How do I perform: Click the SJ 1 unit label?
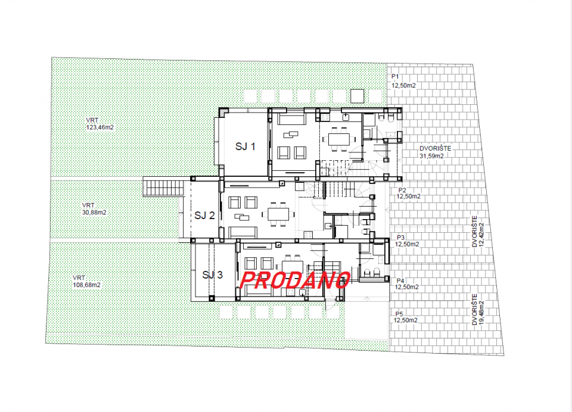pyautogui.click(x=245, y=146)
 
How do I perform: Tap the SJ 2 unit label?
pyautogui.click(x=204, y=216)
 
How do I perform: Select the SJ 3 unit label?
pyautogui.click(x=212, y=275)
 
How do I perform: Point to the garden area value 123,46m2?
pyautogui.click(x=100, y=127)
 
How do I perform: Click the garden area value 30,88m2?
pyautogui.click(x=95, y=212)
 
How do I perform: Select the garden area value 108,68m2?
pyautogui.click(x=87, y=285)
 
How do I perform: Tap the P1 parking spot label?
pyautogui.click(x=395, y=77)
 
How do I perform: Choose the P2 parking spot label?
pyautogui.click(x=402, y=191)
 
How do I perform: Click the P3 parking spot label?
pyautogui.click(x=401, y=238)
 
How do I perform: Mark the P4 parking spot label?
pyautogui.click(x=400, y=281)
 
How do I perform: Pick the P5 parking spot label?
pyautogui.click(x=399, y=314)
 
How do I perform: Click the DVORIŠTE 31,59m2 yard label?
pyautogui.click(x=435, y=152)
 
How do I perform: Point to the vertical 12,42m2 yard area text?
pyautogui.click(x=481, y=235)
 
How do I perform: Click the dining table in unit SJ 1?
pyautogui.click(x=339, y=139)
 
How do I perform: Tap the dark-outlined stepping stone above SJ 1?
pyautogui.click(x=357, y=96)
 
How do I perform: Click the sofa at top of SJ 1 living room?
pyautogui.click(x=292, y=119)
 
